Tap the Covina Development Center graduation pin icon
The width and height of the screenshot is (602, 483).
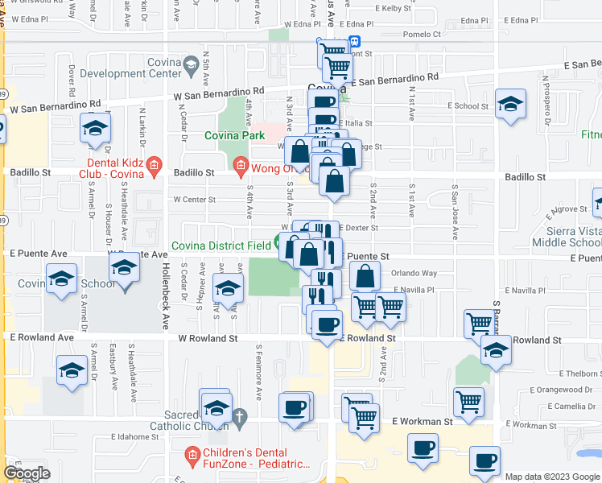coord(191,63)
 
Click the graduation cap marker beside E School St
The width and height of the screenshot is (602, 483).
coord(509,105)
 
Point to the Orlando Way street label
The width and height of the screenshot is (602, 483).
coord(414,274)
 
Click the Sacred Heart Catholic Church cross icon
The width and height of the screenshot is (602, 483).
coord(239,415)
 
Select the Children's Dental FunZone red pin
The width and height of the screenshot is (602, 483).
coord(192,456)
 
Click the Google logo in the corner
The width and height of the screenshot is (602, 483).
coord(27,473)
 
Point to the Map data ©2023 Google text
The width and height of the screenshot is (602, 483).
coord(552,477)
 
